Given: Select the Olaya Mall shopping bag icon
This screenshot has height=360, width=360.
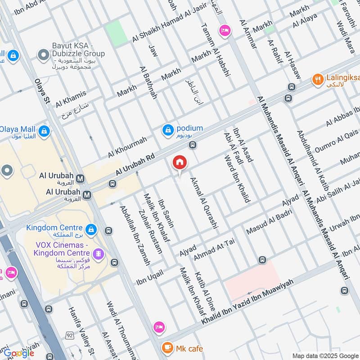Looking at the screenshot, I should [44, 131].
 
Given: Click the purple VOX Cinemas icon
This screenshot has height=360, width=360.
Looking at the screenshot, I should [99, 254].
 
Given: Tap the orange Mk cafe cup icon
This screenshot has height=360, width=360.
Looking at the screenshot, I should [167, 348].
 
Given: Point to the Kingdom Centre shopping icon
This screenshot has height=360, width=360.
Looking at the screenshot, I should [92, 229].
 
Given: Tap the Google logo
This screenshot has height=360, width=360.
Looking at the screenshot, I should [18, 352].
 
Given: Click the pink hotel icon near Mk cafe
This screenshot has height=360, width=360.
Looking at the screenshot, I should [158, 326].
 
